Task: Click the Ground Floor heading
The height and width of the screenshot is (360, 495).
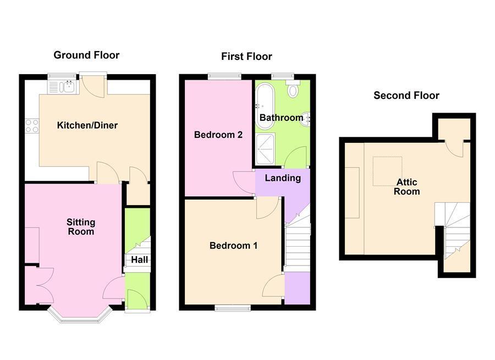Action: coord(86,55)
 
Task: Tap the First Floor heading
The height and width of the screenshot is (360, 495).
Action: coord(246,57)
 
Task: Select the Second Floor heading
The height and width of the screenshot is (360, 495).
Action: coord(406,96)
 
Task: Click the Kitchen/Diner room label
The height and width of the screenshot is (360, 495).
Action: coord(87,125)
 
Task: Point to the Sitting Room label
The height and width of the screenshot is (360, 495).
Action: coord(81,227)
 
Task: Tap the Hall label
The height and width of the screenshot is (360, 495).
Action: coord(140,260)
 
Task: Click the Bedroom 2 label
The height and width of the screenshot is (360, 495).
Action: coord(218,135)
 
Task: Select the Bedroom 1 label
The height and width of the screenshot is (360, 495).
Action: coord(233,246)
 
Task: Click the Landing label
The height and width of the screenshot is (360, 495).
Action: coord(283,178)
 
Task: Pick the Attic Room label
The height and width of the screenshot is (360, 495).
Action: coord(406,187)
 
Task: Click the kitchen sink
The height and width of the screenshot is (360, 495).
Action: coord(62,86)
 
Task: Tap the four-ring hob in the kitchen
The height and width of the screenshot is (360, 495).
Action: coord(32,126)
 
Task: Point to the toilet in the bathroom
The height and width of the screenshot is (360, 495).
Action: coord(293,90)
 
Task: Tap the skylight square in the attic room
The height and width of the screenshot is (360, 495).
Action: coord(387,171)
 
